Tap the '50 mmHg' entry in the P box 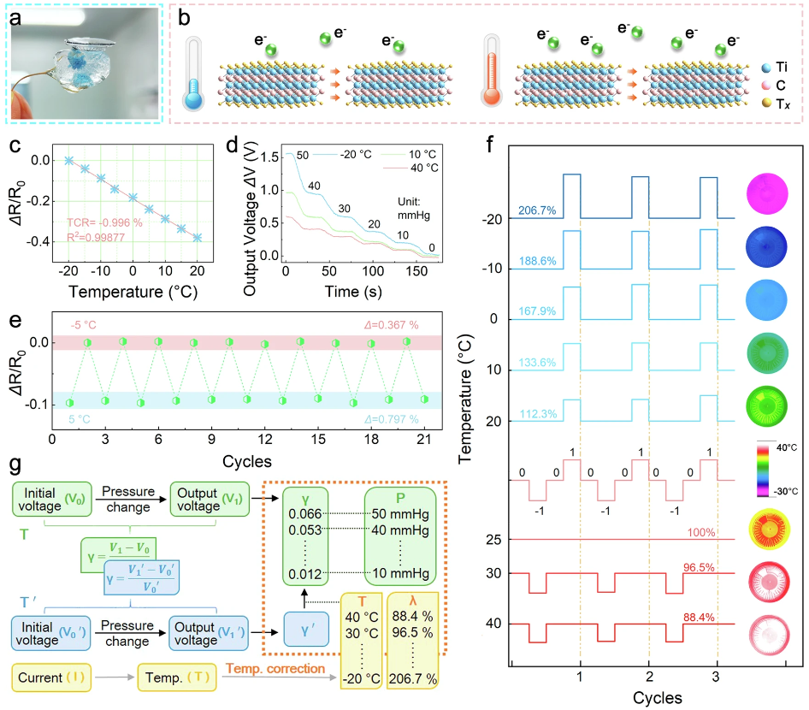click(x=398, y=515)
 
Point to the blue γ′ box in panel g click(x=310, y=634)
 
